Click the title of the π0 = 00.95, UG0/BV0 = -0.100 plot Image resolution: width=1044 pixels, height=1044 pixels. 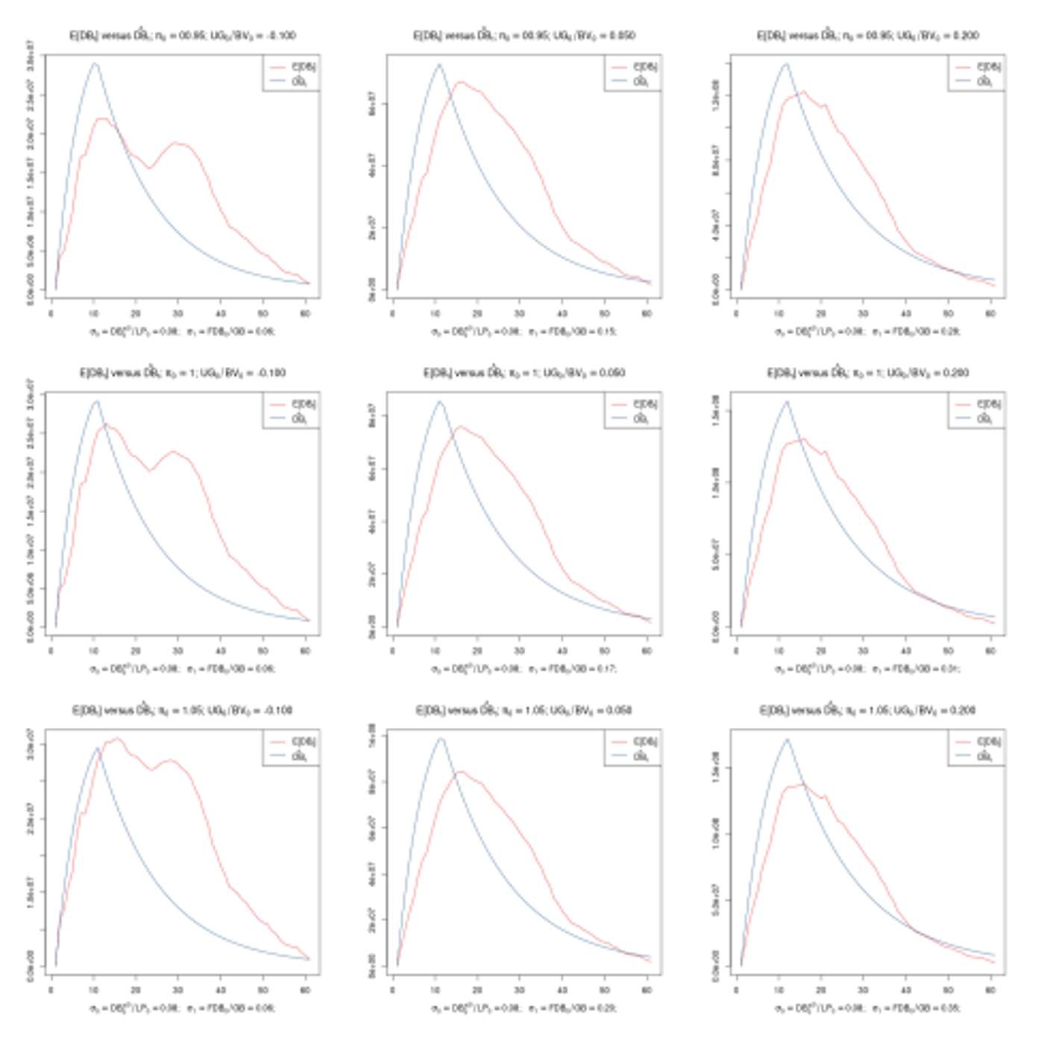coord(182,35)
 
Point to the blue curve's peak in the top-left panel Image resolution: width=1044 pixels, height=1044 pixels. coord(95,64)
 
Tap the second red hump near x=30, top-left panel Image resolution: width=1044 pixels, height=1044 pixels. coord(177,142)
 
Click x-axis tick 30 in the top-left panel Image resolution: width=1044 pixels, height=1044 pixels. coord(177,313)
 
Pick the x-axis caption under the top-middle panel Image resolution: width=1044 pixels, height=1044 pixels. coord(523,331)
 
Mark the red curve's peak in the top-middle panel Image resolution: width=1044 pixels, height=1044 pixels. coord(460,82)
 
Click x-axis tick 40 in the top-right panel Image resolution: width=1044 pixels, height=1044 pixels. coord(905,313)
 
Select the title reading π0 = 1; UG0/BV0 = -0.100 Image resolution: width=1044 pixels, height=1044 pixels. coord(182,373)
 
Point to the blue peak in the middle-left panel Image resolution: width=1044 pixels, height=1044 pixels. coord(95,402)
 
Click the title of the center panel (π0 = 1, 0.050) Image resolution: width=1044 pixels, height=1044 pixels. coord(523,373)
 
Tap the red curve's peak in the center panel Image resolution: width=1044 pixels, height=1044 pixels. coord(460,427)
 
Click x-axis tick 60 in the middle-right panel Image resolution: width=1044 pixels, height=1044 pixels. coord(990,650)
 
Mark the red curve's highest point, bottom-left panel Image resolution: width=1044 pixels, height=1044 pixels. coord(116,739)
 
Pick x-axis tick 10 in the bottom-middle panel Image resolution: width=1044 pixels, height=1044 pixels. coord(435,990)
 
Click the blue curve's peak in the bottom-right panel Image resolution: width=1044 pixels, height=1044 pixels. coord(786,740)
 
